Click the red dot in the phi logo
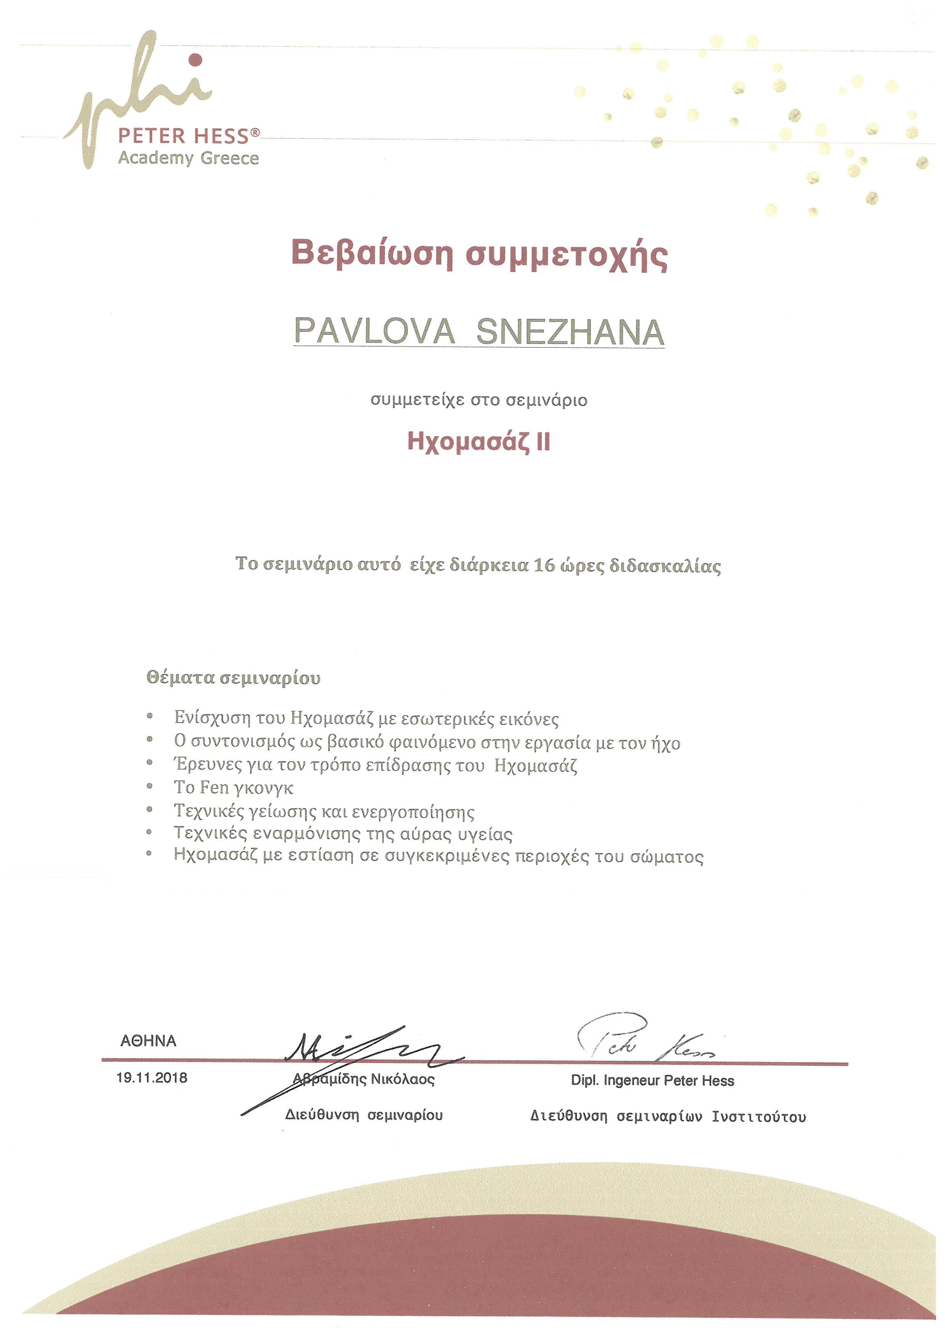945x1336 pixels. pos(196,59)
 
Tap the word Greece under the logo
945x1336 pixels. pos(230,158)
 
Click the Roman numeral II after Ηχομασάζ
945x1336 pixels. pos(542,442)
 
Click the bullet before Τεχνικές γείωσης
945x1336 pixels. pos(149,810)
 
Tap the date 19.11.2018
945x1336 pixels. pos(152,1078)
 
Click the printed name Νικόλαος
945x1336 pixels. pos(403,1079)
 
